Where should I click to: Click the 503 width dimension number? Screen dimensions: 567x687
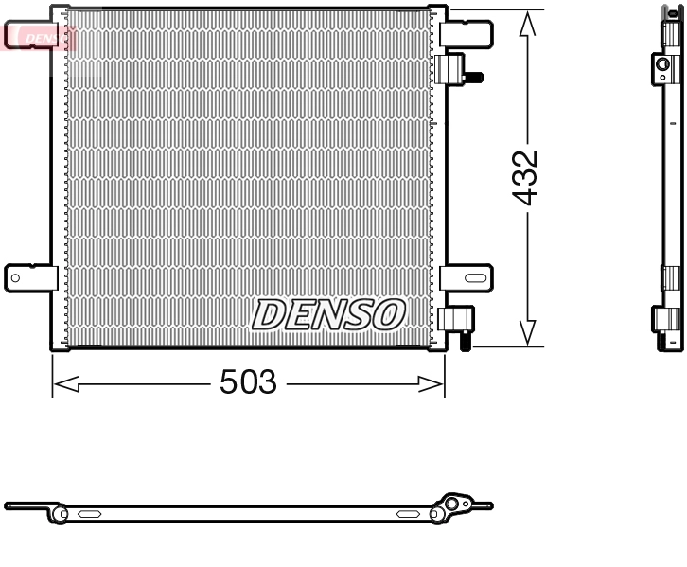click(248, 382)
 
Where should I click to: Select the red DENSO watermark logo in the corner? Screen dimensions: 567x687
click(38, 37)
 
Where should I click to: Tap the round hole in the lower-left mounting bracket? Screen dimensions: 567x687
click(15, 277)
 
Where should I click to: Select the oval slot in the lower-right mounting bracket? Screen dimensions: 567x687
click(475, 277)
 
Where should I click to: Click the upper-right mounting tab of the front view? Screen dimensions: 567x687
click(468, 34)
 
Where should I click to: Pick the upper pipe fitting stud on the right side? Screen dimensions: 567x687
click(476, 76)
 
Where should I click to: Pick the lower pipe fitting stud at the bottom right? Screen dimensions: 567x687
click(465, 344)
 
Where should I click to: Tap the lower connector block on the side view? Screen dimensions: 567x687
click(669, 318)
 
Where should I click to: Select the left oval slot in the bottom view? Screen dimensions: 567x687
click(91, 514)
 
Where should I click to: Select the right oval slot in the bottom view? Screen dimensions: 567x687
click(409, 514)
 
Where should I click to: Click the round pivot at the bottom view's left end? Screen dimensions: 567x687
click(61, 514)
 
